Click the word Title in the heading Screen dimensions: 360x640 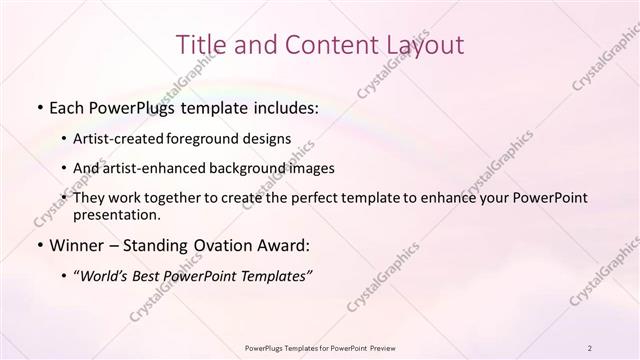click(x=201, y=44)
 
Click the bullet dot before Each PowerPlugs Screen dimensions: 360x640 click(x=38, y=108)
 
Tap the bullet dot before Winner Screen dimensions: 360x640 click(x=38, y=246)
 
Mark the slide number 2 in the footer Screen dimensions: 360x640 click(x=590, y=347)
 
